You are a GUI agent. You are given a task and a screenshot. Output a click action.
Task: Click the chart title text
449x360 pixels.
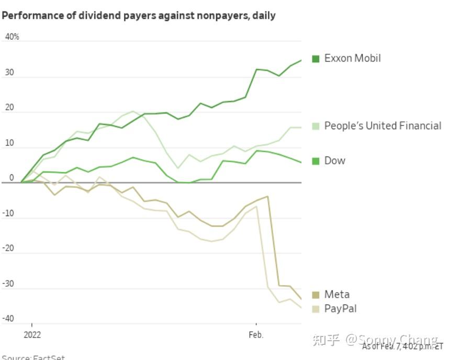tap(139, 16)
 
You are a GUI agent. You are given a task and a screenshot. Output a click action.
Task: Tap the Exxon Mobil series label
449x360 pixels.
tap(352, 58)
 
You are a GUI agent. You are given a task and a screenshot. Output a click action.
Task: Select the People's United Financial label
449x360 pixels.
tap(383, 126)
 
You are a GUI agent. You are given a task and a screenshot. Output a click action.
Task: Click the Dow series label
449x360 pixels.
tap(334, 161)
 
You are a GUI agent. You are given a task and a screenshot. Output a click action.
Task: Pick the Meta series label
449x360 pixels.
tap(336, 294)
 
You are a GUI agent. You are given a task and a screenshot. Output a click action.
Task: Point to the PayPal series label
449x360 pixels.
tap(340, 309)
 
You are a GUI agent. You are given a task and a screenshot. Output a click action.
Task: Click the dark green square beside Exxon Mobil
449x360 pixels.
tap(316, 59)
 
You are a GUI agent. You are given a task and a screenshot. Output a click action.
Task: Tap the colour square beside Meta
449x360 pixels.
tap(316, 295)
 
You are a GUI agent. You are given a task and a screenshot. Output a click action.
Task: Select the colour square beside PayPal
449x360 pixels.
tap(316, 309)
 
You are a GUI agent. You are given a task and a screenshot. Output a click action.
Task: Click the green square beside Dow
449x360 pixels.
tap(316, 161)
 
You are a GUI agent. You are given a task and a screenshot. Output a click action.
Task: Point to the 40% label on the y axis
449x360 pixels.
tap(12, 37)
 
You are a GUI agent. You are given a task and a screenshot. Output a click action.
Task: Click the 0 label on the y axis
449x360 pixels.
tap(11, 178)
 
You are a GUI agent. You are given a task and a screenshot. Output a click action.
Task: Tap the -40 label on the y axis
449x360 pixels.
tap(10, 319)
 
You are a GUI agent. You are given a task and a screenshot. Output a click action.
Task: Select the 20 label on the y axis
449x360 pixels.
tap(9, 107)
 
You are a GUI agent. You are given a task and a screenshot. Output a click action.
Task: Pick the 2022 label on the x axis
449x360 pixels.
tap(32, 334)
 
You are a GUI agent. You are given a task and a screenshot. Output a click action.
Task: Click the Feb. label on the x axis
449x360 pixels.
tap(256, 334)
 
